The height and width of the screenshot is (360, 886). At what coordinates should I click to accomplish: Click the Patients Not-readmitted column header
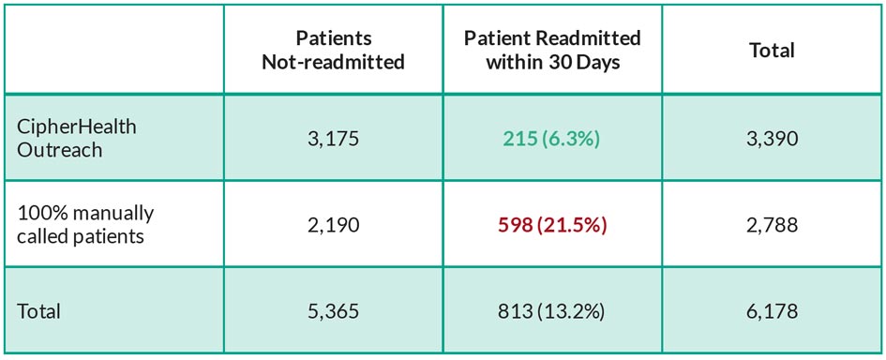(334, 50)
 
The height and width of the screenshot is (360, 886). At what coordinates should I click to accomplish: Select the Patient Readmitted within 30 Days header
(552, 50)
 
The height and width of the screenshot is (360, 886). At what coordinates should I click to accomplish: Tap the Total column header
(772, 51)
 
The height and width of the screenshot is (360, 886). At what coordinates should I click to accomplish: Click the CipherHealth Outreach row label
(76, 138)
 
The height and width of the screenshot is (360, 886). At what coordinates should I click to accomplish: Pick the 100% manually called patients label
(84, 224)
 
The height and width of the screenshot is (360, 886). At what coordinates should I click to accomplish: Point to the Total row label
(38, 311)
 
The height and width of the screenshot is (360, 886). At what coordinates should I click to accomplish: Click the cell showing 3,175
(334, 139)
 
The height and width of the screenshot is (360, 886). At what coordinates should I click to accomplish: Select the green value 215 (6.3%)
(552, 139)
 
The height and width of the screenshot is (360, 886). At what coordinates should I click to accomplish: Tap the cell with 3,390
(772, 139)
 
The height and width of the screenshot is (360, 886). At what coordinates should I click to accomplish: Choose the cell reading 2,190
(334, 225)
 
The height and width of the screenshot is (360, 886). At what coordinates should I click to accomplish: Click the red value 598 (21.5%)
(552, 225)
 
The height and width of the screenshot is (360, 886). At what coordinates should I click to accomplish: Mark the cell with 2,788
(772, 225)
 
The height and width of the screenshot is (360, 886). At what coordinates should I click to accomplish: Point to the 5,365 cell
(334, 311)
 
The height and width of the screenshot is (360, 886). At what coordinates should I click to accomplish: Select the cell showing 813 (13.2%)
(552, 311)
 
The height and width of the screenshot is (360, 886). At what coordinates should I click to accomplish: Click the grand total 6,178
(772, 311)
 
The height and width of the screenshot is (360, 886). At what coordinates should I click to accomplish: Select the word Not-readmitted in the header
(334, 62)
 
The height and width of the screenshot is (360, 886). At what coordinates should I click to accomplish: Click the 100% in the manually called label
(40, 213)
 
